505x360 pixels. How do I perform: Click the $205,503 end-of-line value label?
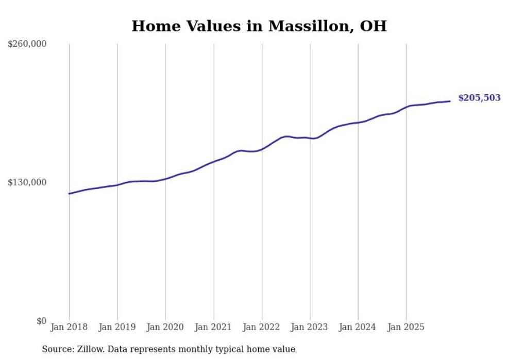(479, 98)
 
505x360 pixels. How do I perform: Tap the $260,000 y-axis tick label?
(27, 44)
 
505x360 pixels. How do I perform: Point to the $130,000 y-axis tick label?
(27, 182)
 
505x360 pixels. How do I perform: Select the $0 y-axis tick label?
(41, 321)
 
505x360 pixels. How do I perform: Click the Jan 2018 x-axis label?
(69, 327)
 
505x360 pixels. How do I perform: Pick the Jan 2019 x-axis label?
(117, 327)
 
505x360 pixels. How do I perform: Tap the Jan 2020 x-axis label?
(165, 327)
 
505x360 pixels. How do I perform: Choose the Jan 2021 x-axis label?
(213, 327)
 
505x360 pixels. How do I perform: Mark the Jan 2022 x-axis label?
(262, 327)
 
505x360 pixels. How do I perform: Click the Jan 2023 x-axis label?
(310, 327)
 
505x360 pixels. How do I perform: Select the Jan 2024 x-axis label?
(358, 327)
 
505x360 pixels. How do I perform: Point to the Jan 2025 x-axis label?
(406, 327)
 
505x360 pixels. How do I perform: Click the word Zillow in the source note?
(89, 349)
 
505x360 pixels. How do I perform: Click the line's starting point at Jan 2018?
(69, 194)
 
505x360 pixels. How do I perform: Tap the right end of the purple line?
(450, 101)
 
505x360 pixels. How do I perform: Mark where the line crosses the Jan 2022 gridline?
(262, 149)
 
